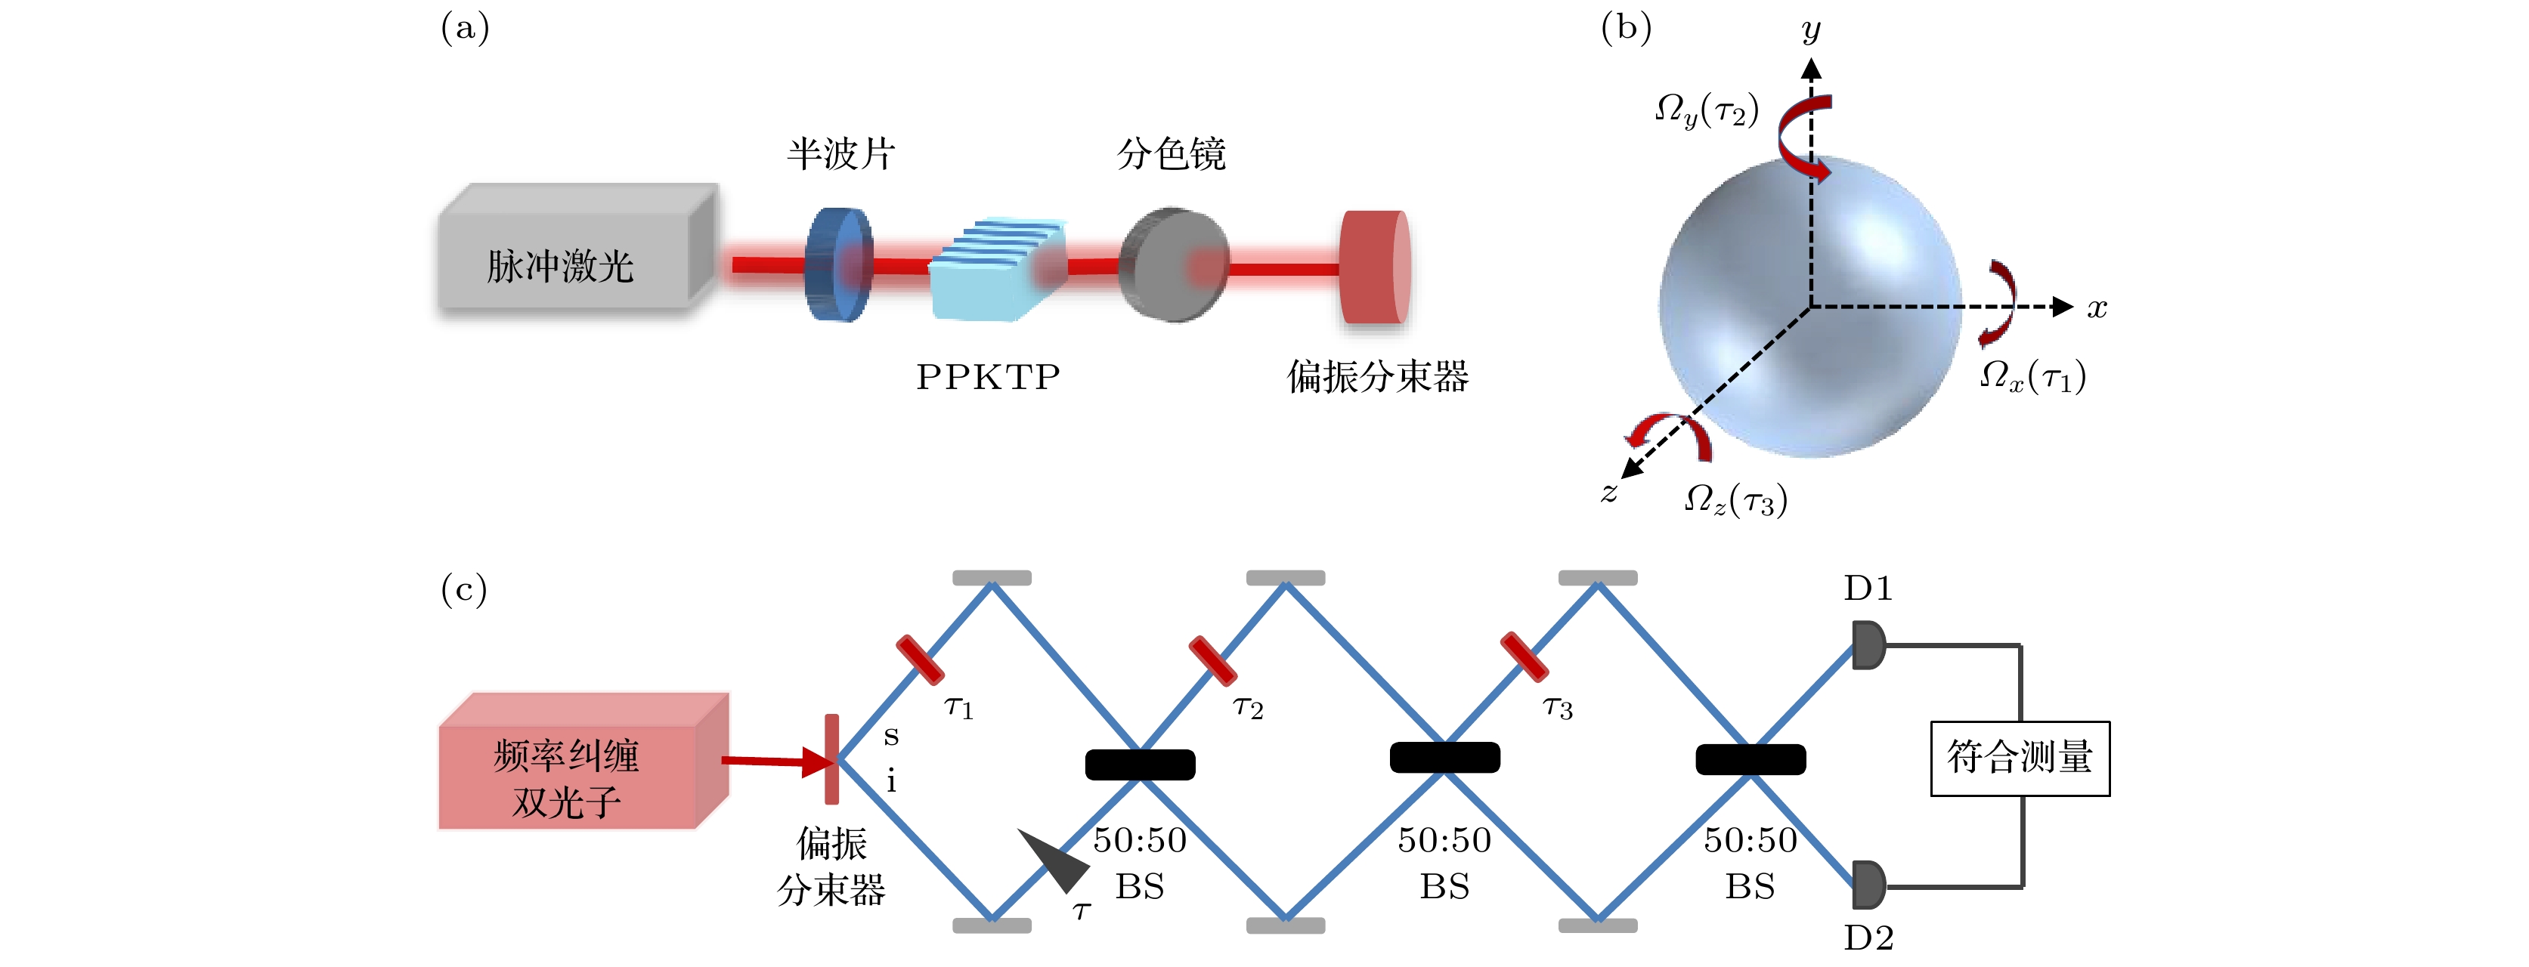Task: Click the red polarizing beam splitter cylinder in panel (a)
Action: (x=1374, y=266)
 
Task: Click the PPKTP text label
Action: (x=988, y=377)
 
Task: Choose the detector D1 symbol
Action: (x=1868, y=645)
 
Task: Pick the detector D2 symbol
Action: (x=1868, y=885)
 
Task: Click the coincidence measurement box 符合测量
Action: (x=2020, y=758)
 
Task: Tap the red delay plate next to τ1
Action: (x=920, y=659)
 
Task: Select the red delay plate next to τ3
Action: (x=1524, y=657)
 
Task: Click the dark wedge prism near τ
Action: (x=1057, y=859)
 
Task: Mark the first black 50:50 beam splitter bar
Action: (x=1140, y=764)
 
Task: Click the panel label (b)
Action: (x=1626, y=27)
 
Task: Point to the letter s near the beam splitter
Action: (x=890, y=735)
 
